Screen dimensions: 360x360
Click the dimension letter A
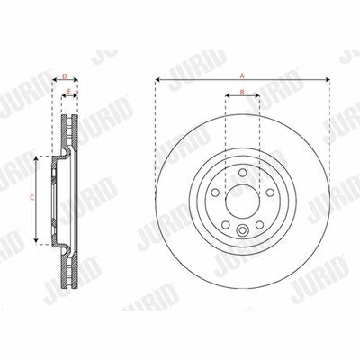click(x=242, y=76)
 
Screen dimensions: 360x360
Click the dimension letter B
click(x=242, y=92)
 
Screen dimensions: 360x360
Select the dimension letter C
click(x=32, y=197)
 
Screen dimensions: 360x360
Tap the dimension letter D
click(x=65, y=76)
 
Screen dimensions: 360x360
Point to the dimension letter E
click(x=69, y=91)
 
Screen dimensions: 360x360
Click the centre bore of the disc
click(x=242, y=201)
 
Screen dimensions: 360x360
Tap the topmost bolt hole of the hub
click(x=242, y=173)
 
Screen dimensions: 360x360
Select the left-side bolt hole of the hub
click(x=215, y=193)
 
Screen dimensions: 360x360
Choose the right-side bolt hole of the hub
click(x=270, y=193)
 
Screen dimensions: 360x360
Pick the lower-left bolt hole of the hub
click(x=226, y=225)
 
